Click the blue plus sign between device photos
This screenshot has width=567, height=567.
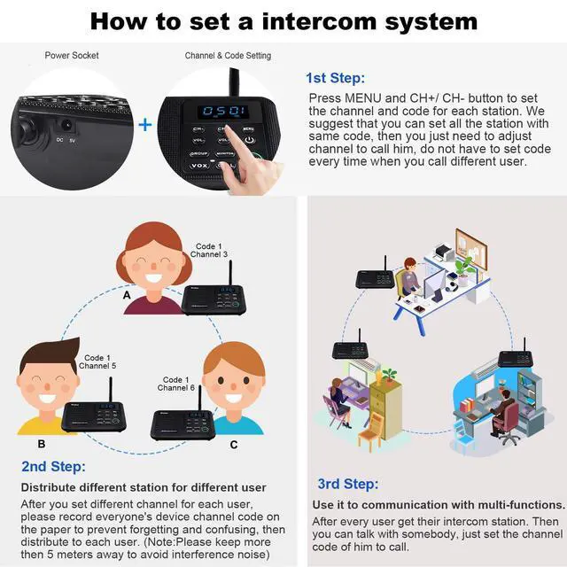pos(145,125)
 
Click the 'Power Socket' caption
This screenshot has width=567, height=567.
pos(72,56)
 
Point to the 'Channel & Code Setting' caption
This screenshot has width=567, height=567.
pos(228,56)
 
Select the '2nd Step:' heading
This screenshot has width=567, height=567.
pos(53,466)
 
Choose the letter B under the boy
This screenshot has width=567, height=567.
pos(41,443)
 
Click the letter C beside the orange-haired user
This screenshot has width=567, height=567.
pos(234,444)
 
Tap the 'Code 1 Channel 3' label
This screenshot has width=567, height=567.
pos(209,250)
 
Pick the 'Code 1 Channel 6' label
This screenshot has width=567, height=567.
pos(176,384)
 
